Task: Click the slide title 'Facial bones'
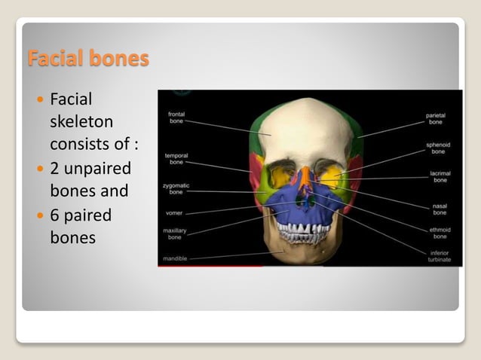pos(87,58)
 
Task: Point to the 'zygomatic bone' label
pos(176,188)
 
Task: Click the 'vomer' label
pos(173,213)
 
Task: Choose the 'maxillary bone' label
pos(174,233)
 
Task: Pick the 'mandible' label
pos(176,258)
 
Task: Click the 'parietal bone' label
pos(435,118)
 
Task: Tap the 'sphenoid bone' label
pos(438,147)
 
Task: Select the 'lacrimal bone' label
pos(440,177)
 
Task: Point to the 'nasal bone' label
pos(440,206)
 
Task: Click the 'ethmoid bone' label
pos(440,233)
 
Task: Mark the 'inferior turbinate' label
pos(438,256)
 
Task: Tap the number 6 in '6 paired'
pos(55,216)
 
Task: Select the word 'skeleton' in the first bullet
pos(81,121)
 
